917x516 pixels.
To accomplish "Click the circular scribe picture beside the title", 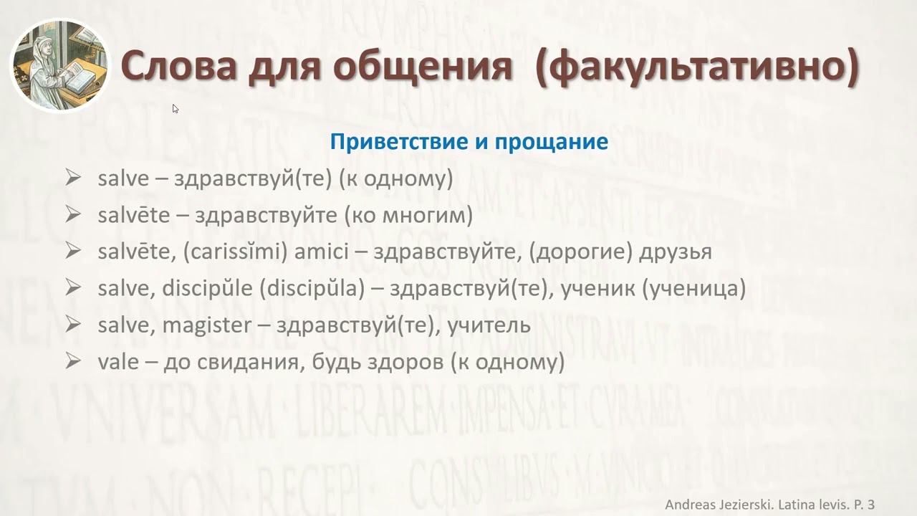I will coord(61,66).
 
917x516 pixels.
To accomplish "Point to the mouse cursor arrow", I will coord(176,109).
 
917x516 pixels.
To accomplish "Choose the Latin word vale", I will coord(117,362).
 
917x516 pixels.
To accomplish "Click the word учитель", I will coord(489,325).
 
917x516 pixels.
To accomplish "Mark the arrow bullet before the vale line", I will coord(72,361).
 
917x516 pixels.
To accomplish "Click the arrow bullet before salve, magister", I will coord(72,325).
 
